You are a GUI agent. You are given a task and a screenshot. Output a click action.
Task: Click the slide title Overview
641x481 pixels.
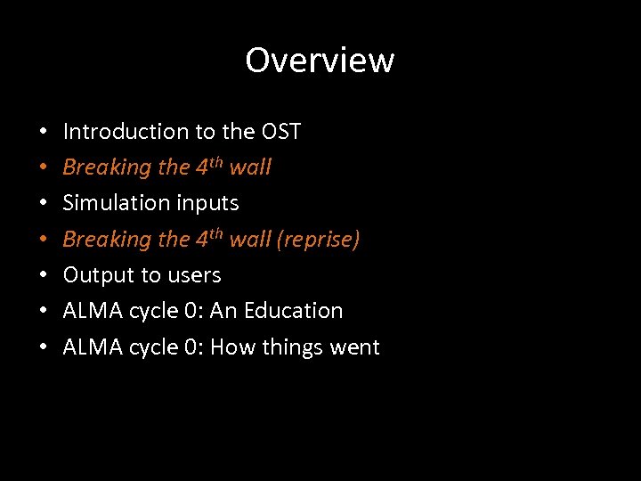(x=320, y=61)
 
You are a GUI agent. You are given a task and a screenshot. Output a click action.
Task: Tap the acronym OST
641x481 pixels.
(x=281, y=132)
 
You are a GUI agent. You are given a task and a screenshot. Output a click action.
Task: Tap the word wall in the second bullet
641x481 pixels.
(x=250, y=167)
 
